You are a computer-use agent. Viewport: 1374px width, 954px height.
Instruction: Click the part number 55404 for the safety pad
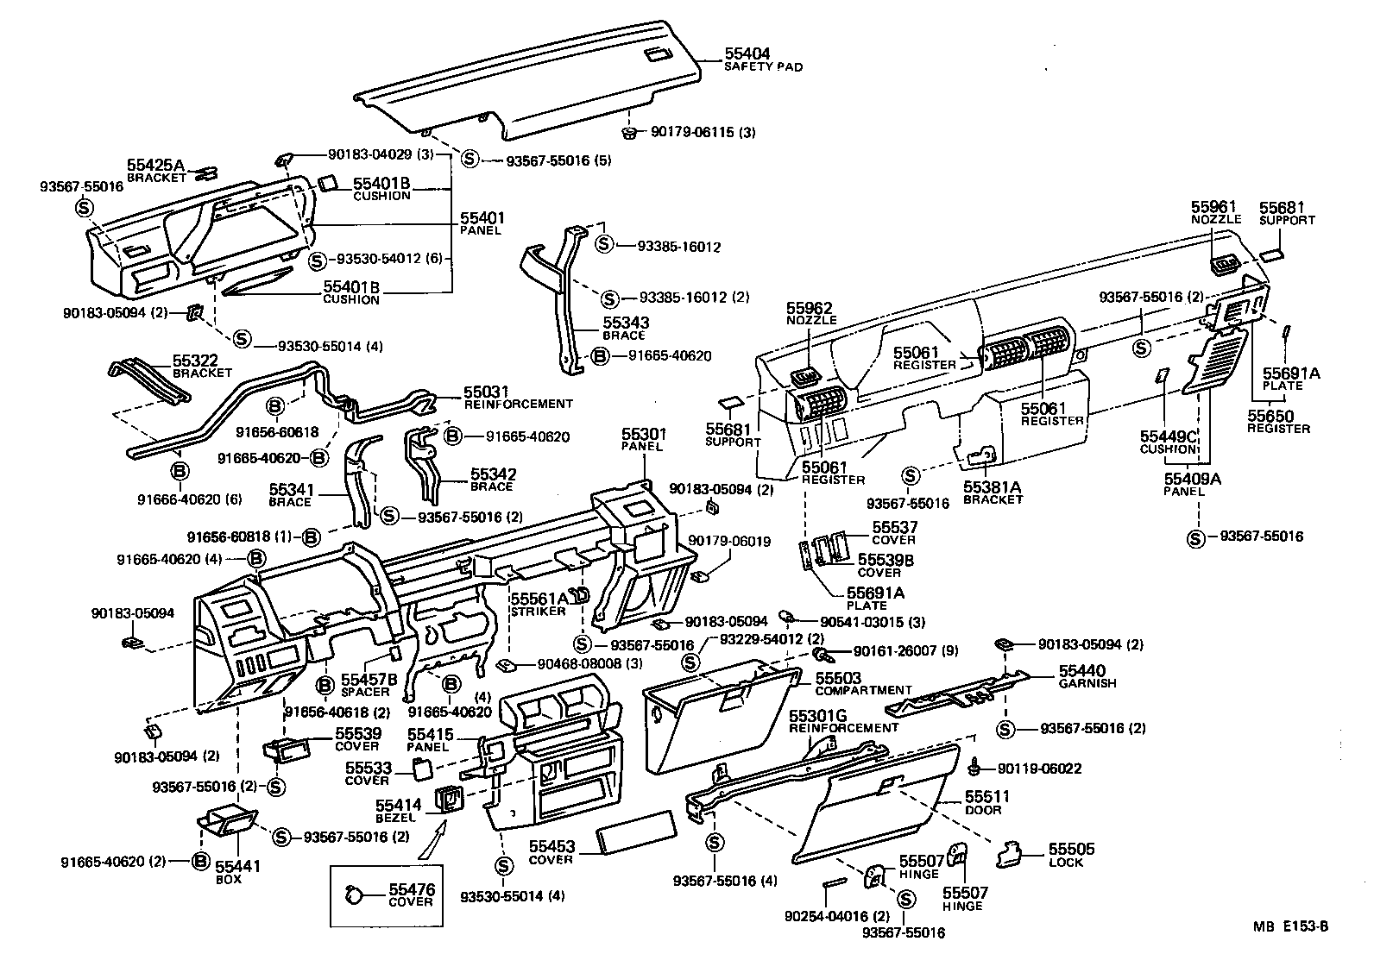(747, 53)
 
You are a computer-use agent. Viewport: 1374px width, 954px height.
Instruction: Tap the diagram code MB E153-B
(1291, 927)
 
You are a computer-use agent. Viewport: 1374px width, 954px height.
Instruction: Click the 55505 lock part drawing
(1008, 854)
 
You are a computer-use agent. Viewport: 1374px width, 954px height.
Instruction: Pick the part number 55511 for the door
(986, 797)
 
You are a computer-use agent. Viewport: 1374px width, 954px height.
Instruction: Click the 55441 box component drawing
(225, 822)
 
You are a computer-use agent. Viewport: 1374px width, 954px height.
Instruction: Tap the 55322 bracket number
(196, 361)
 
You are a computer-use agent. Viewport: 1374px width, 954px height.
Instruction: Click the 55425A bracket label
(156, 165)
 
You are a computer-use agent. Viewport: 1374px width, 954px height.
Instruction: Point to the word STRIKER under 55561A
(538, 611)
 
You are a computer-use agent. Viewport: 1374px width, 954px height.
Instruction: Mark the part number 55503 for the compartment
(838, 678)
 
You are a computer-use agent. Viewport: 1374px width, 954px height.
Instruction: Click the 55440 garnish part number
(1082, 670)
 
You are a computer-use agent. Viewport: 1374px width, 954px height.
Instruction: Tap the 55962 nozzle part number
(810, 307)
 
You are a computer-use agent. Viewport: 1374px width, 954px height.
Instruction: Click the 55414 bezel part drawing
(451, 800)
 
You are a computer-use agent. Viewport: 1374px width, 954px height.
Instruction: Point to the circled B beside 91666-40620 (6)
(180, 470)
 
